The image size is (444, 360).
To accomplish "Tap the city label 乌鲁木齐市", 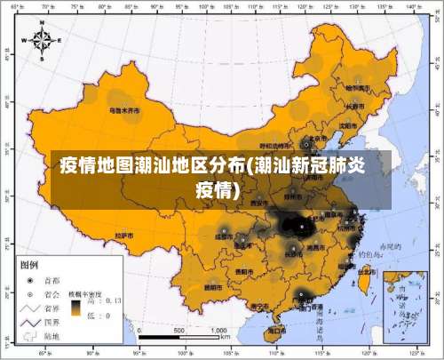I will [124, 111].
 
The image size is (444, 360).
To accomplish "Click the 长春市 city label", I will [355, 107].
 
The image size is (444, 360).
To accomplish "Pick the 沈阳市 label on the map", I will [348, 125].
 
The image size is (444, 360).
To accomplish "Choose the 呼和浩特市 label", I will [274, 145].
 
